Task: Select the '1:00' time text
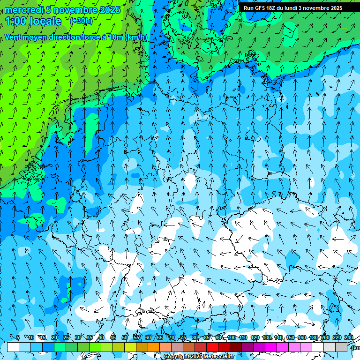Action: coord(16,21)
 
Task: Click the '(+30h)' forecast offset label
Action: coord(81,21)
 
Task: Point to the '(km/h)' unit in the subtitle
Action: coord(136,37)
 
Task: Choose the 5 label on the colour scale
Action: coord(18,337)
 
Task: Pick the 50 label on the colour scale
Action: coord(125,337)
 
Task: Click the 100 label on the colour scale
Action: coord(232,337)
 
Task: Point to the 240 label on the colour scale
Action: coord(349,337)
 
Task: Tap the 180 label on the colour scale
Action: coord(314,337)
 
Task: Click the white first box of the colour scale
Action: coord(13,347)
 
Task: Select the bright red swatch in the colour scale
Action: coord(212,347)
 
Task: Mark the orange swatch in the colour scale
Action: coord(154,347)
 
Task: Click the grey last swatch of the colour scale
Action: coord(341,347)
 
